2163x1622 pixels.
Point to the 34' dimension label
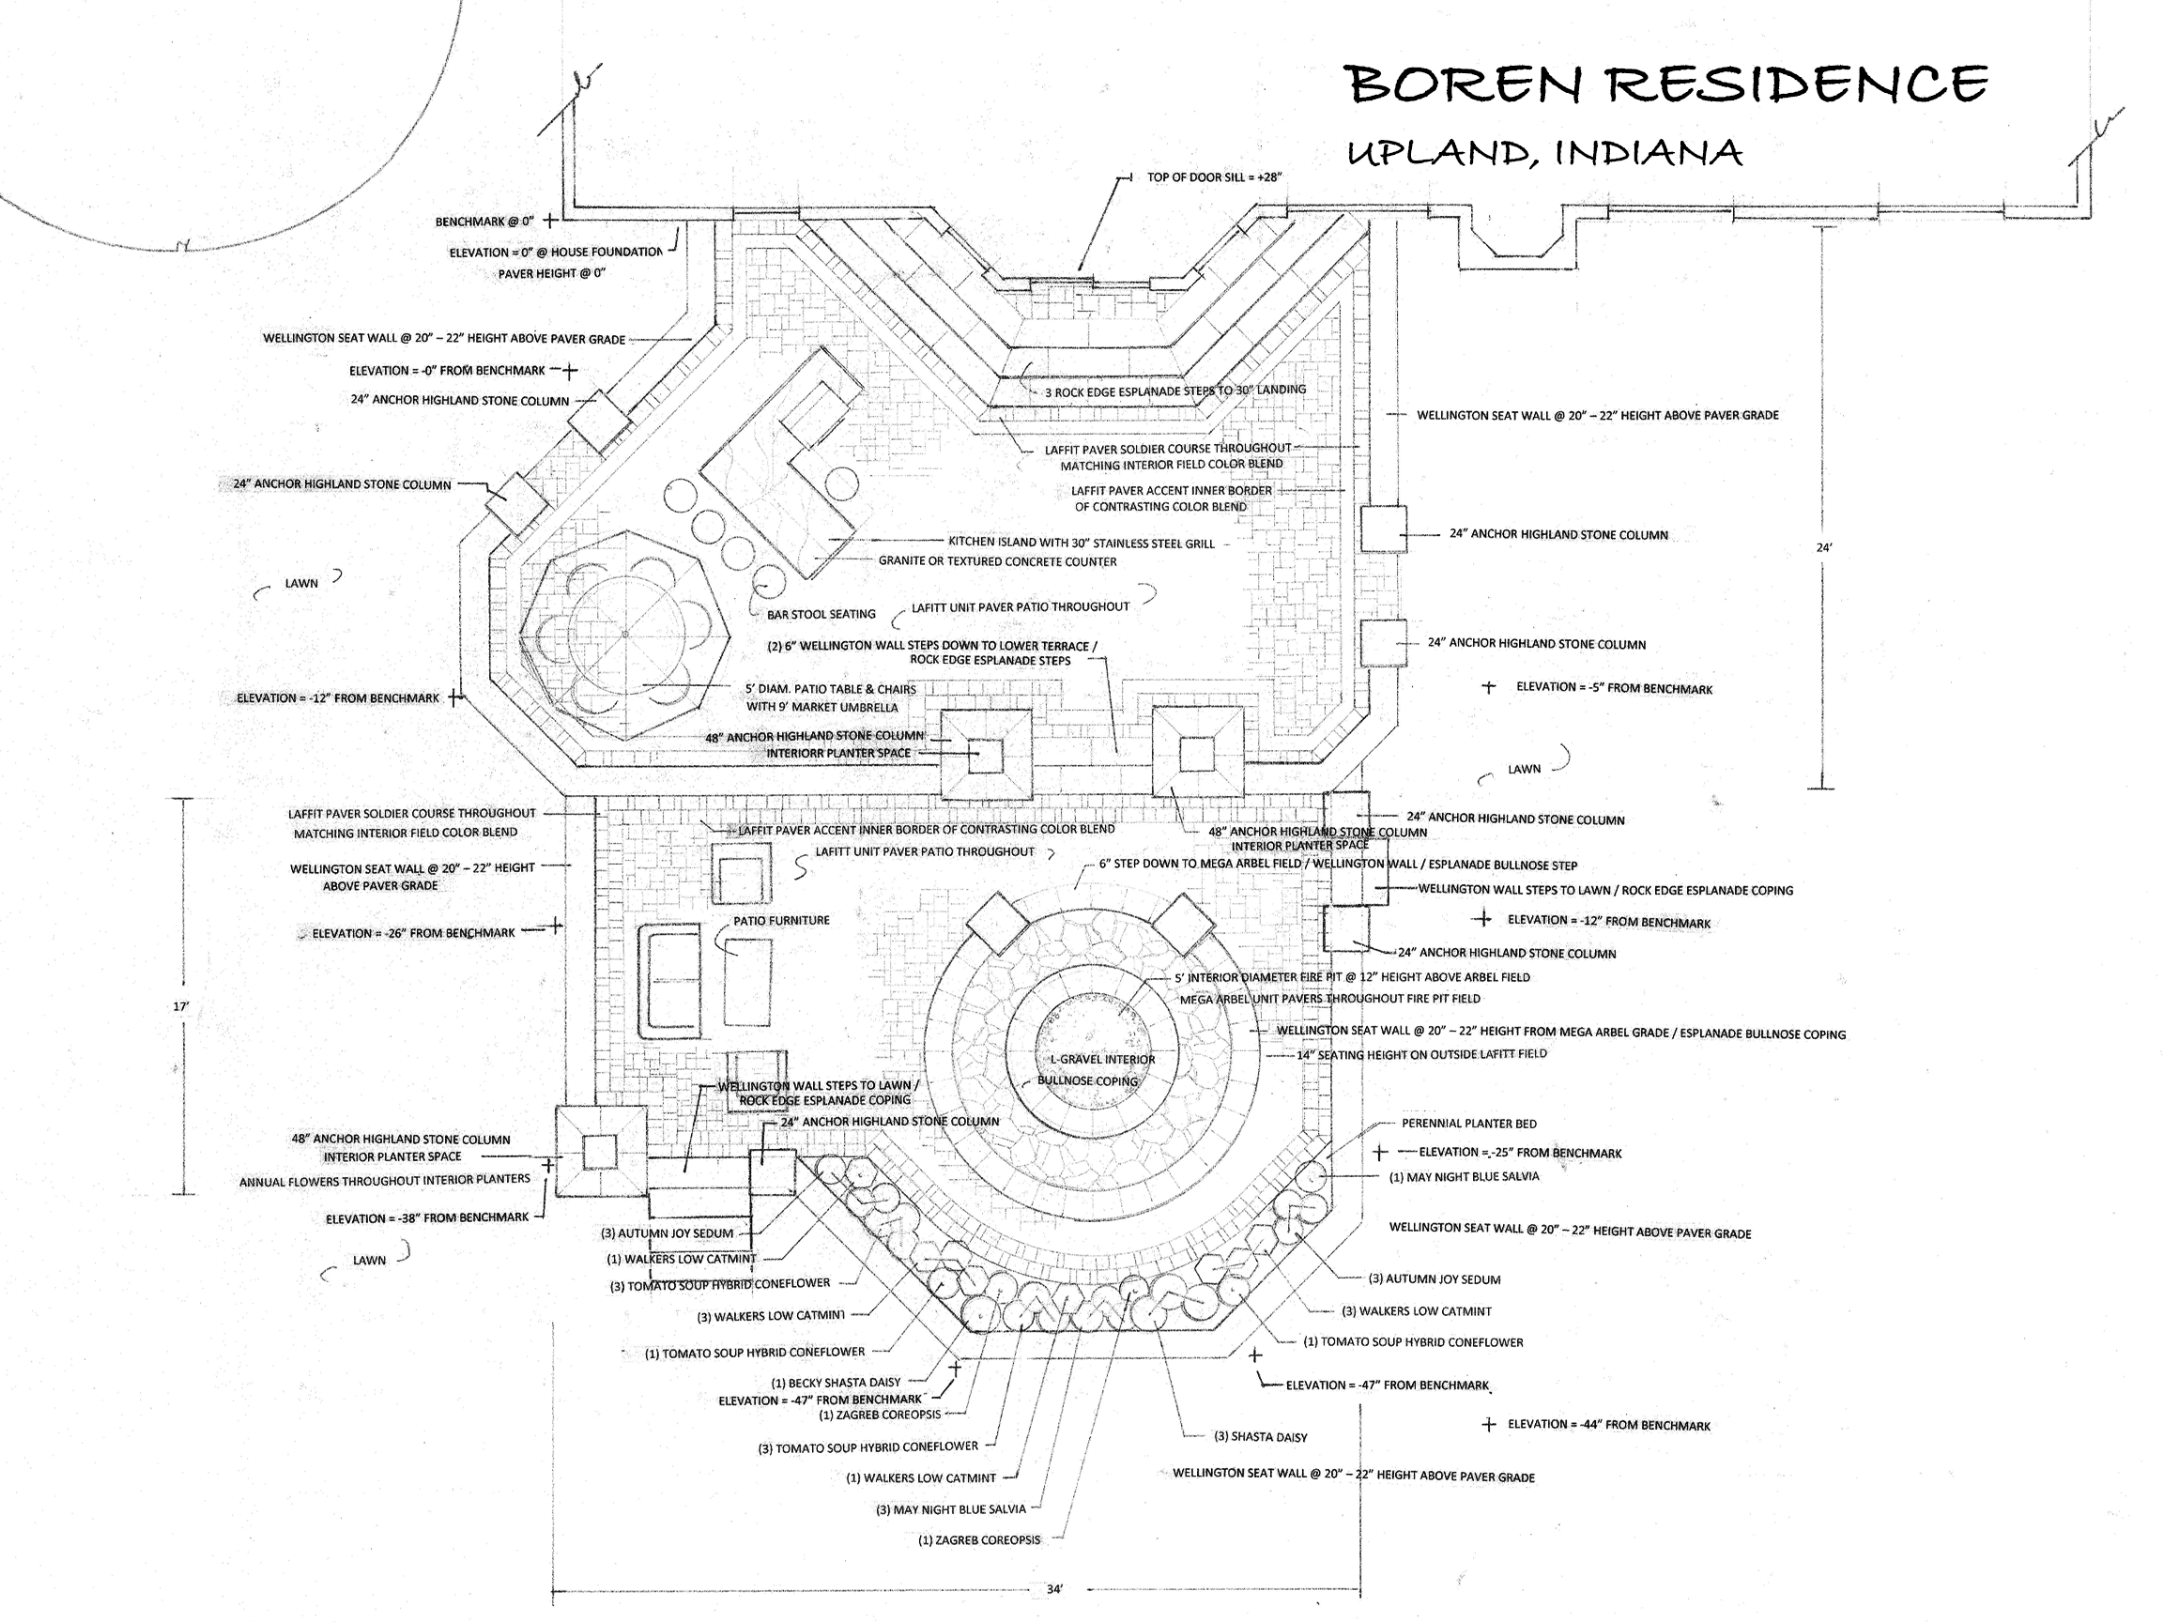(1054, 1589)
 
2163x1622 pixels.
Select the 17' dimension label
(181, 1006)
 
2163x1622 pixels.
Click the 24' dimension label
(1824, 547)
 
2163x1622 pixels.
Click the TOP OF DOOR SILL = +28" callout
(1214, 178)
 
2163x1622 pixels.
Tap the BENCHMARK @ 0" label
(484, 222)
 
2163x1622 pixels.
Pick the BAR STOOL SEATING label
(821, 615)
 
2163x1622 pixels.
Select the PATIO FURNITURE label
(781, 921)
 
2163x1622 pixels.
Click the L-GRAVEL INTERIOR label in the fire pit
(1102, 1060)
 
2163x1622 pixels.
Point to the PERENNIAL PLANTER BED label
(1468, 1124)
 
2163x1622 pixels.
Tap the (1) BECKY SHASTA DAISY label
(836, 1383)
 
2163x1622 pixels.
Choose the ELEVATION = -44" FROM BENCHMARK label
(1608, 1426)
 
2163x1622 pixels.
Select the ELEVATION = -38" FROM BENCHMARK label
(427, 1218)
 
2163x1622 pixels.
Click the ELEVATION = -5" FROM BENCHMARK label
(1614, 688)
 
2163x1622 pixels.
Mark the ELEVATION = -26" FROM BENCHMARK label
(413, 934)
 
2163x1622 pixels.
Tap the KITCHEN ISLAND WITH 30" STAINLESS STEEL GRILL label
(1081, 543)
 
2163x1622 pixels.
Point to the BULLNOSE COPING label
(1087, 1081)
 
